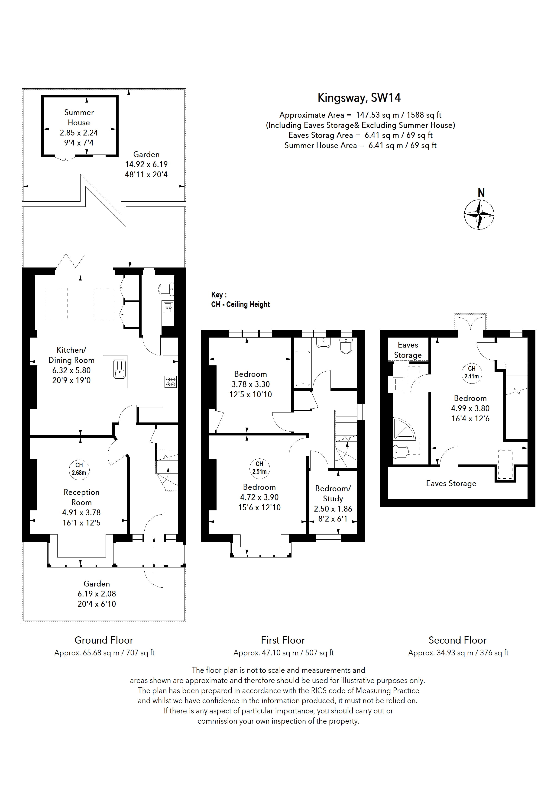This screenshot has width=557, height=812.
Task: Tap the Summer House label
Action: [x=79, y=117]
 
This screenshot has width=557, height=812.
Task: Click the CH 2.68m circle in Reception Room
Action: [x=79, y=469]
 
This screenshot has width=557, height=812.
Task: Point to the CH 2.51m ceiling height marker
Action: [x=259, y=467]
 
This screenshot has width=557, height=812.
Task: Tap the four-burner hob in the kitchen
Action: [x=171, y=382]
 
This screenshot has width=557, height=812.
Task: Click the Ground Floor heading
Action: [x=104, y=640]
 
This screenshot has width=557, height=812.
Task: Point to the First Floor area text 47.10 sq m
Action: [x=283, y=653]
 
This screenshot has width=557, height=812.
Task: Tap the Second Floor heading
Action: [x=457, y=640]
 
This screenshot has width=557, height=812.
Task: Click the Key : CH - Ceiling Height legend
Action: [x=240, y=300]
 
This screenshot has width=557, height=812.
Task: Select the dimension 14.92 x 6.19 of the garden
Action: [x=146, y=164]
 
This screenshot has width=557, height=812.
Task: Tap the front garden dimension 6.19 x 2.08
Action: [x=97, y=594]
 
